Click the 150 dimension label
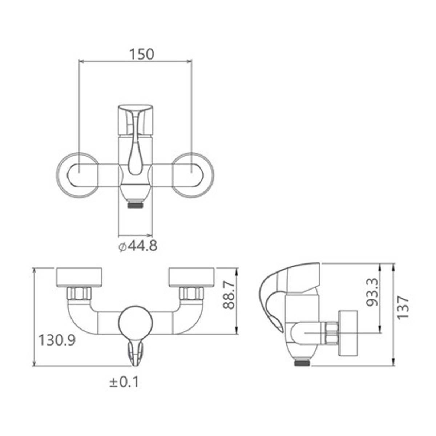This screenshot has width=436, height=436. click(142, 54)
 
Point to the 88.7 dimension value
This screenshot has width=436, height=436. click(229, 295)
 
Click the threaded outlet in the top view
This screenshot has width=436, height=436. click(135, 203)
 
